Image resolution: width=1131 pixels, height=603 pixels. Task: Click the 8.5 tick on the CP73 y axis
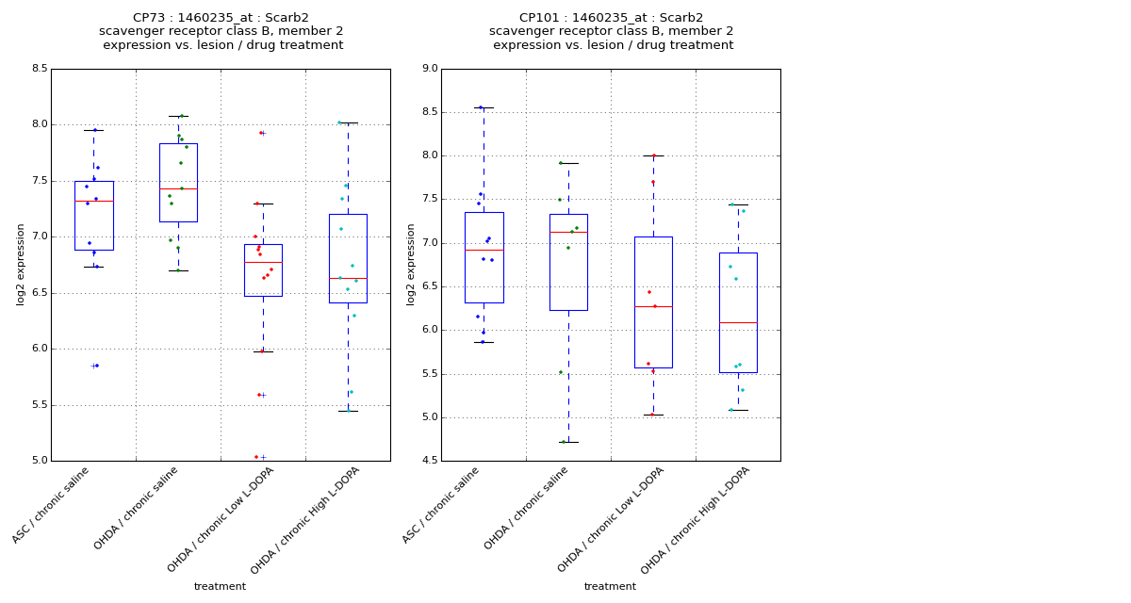click(39, 69)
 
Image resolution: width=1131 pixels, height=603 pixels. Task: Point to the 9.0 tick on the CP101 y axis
click(429, 69)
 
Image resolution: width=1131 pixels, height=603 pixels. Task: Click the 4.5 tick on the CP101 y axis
click(429, 461)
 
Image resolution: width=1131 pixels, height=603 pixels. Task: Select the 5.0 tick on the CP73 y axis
click(39, 461)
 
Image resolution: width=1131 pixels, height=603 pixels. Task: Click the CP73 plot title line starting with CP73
click(221, 18)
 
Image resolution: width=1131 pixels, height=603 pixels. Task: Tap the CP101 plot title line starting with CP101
click(611, 18)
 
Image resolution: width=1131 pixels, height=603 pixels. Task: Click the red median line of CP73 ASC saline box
click(93, 201)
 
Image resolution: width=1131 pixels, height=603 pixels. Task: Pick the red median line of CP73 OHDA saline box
click(178, 188)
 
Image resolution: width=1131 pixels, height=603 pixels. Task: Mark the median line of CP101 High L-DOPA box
click(738, 322)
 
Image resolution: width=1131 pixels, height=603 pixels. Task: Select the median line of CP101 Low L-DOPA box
click(653, 306)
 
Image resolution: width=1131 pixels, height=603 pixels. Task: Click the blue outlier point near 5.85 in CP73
click(96, 366)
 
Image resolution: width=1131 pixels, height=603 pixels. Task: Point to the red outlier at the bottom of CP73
click(256, 457)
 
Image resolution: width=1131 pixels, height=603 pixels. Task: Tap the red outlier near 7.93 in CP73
click(261, 133)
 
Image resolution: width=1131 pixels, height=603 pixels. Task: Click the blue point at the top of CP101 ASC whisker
click(481, 107)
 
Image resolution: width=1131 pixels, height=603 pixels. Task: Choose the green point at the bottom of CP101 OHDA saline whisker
click(564, 442)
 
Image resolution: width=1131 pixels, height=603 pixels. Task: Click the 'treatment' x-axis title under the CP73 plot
click(220, 587)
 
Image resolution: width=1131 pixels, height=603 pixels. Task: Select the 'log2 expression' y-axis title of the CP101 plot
click(411, 265)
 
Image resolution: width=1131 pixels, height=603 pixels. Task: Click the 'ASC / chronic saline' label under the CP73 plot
click(52, 505)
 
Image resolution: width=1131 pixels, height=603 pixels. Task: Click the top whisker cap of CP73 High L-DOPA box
click(348, 122)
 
